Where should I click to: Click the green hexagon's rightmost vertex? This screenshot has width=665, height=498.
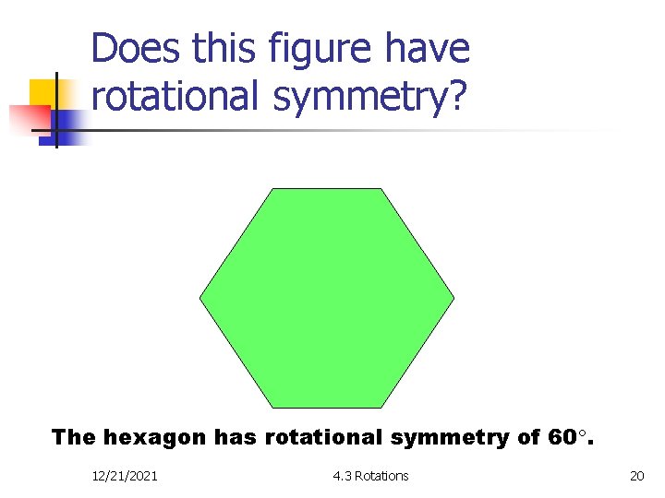point(454,298)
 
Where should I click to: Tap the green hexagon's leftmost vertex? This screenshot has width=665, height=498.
point(199,298)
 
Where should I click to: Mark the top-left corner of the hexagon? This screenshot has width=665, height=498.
point(272,189)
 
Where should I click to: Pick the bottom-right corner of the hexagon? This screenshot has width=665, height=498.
point(381,408)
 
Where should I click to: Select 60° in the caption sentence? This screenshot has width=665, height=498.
point(565,437)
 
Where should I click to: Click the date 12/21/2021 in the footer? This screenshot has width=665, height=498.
point(125,476)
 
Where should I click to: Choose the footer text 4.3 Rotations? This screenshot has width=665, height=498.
point(370,476)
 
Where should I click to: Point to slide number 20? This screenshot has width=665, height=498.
point(636,476)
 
